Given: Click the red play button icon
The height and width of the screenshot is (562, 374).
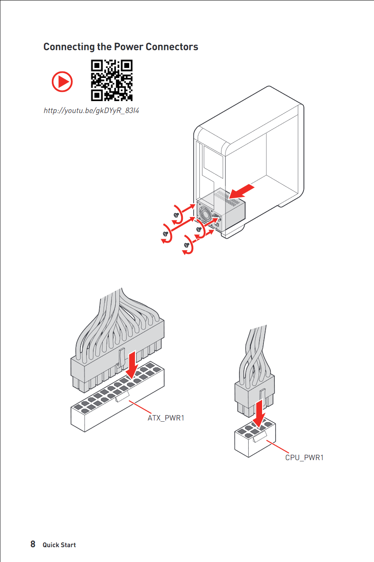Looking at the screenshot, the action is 62,81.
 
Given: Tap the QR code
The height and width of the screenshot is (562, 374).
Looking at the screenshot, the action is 112,80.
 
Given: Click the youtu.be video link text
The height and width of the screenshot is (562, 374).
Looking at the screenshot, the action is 91,111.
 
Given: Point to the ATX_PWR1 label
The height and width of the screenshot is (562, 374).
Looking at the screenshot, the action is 166,418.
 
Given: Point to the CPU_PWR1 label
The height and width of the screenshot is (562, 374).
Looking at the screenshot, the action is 304,457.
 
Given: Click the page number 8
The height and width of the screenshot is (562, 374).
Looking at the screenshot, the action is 33,544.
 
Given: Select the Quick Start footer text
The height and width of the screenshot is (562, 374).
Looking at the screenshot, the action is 59,545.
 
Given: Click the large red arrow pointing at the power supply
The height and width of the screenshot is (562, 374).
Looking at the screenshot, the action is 242,192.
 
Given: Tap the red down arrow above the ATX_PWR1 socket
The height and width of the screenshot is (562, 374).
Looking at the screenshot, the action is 132,365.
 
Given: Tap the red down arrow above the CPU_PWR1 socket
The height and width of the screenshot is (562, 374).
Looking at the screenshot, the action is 259,413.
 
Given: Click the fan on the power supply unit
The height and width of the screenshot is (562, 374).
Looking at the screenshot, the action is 205,214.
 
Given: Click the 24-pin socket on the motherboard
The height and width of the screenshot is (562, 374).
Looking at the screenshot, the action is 118,396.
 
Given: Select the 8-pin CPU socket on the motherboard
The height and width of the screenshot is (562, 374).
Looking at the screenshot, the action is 255,437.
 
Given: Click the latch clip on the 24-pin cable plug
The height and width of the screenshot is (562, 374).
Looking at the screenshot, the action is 122,359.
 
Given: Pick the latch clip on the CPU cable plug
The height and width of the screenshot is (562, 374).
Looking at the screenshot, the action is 263,395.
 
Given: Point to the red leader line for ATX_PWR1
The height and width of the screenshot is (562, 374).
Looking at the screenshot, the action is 140,407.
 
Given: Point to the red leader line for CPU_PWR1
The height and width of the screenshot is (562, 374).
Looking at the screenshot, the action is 278,447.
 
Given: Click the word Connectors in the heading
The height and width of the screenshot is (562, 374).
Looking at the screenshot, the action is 172,47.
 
